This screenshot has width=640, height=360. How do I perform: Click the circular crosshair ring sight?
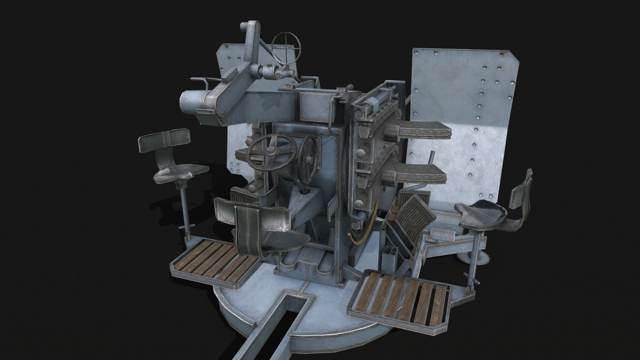[x=286, y=46]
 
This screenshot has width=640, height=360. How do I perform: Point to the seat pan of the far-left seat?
[x=180, y=173]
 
